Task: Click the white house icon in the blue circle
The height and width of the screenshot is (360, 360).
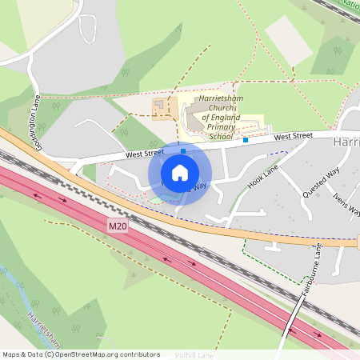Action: pos(180,173)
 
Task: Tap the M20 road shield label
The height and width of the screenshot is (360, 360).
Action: pos(117,227)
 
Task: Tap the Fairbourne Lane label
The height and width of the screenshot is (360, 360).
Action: pos(310,271)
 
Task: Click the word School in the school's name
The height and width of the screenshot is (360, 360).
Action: pos(220,137)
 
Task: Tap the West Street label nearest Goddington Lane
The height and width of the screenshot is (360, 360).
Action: pos(144,152)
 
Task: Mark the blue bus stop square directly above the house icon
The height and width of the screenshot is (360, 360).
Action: pos(183,150)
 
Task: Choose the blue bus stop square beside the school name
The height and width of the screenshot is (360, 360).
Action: pos(246,140)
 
